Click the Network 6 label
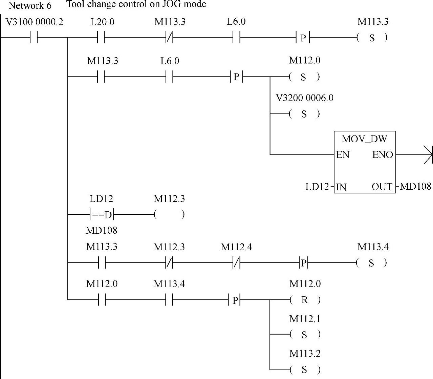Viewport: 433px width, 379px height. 30,6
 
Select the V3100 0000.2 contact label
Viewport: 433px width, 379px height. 35,22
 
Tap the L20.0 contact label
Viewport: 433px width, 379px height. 102,22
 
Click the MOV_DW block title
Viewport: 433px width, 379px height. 364,139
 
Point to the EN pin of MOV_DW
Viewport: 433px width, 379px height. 343,155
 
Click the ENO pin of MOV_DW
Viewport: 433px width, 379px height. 383,155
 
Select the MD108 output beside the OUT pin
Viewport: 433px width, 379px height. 415,186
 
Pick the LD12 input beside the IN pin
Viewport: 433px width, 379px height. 317,187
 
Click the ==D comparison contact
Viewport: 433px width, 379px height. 102,215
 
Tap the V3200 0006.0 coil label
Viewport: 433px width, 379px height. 304,98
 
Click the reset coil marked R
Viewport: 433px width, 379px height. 305,300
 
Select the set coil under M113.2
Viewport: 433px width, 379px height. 305,370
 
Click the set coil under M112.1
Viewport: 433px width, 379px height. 305,335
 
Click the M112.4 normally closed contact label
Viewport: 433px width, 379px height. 236,247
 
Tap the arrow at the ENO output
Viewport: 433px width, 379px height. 428,155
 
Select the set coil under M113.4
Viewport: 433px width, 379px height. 372,263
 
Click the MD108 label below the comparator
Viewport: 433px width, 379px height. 101,231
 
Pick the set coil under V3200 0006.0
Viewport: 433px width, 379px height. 304,114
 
